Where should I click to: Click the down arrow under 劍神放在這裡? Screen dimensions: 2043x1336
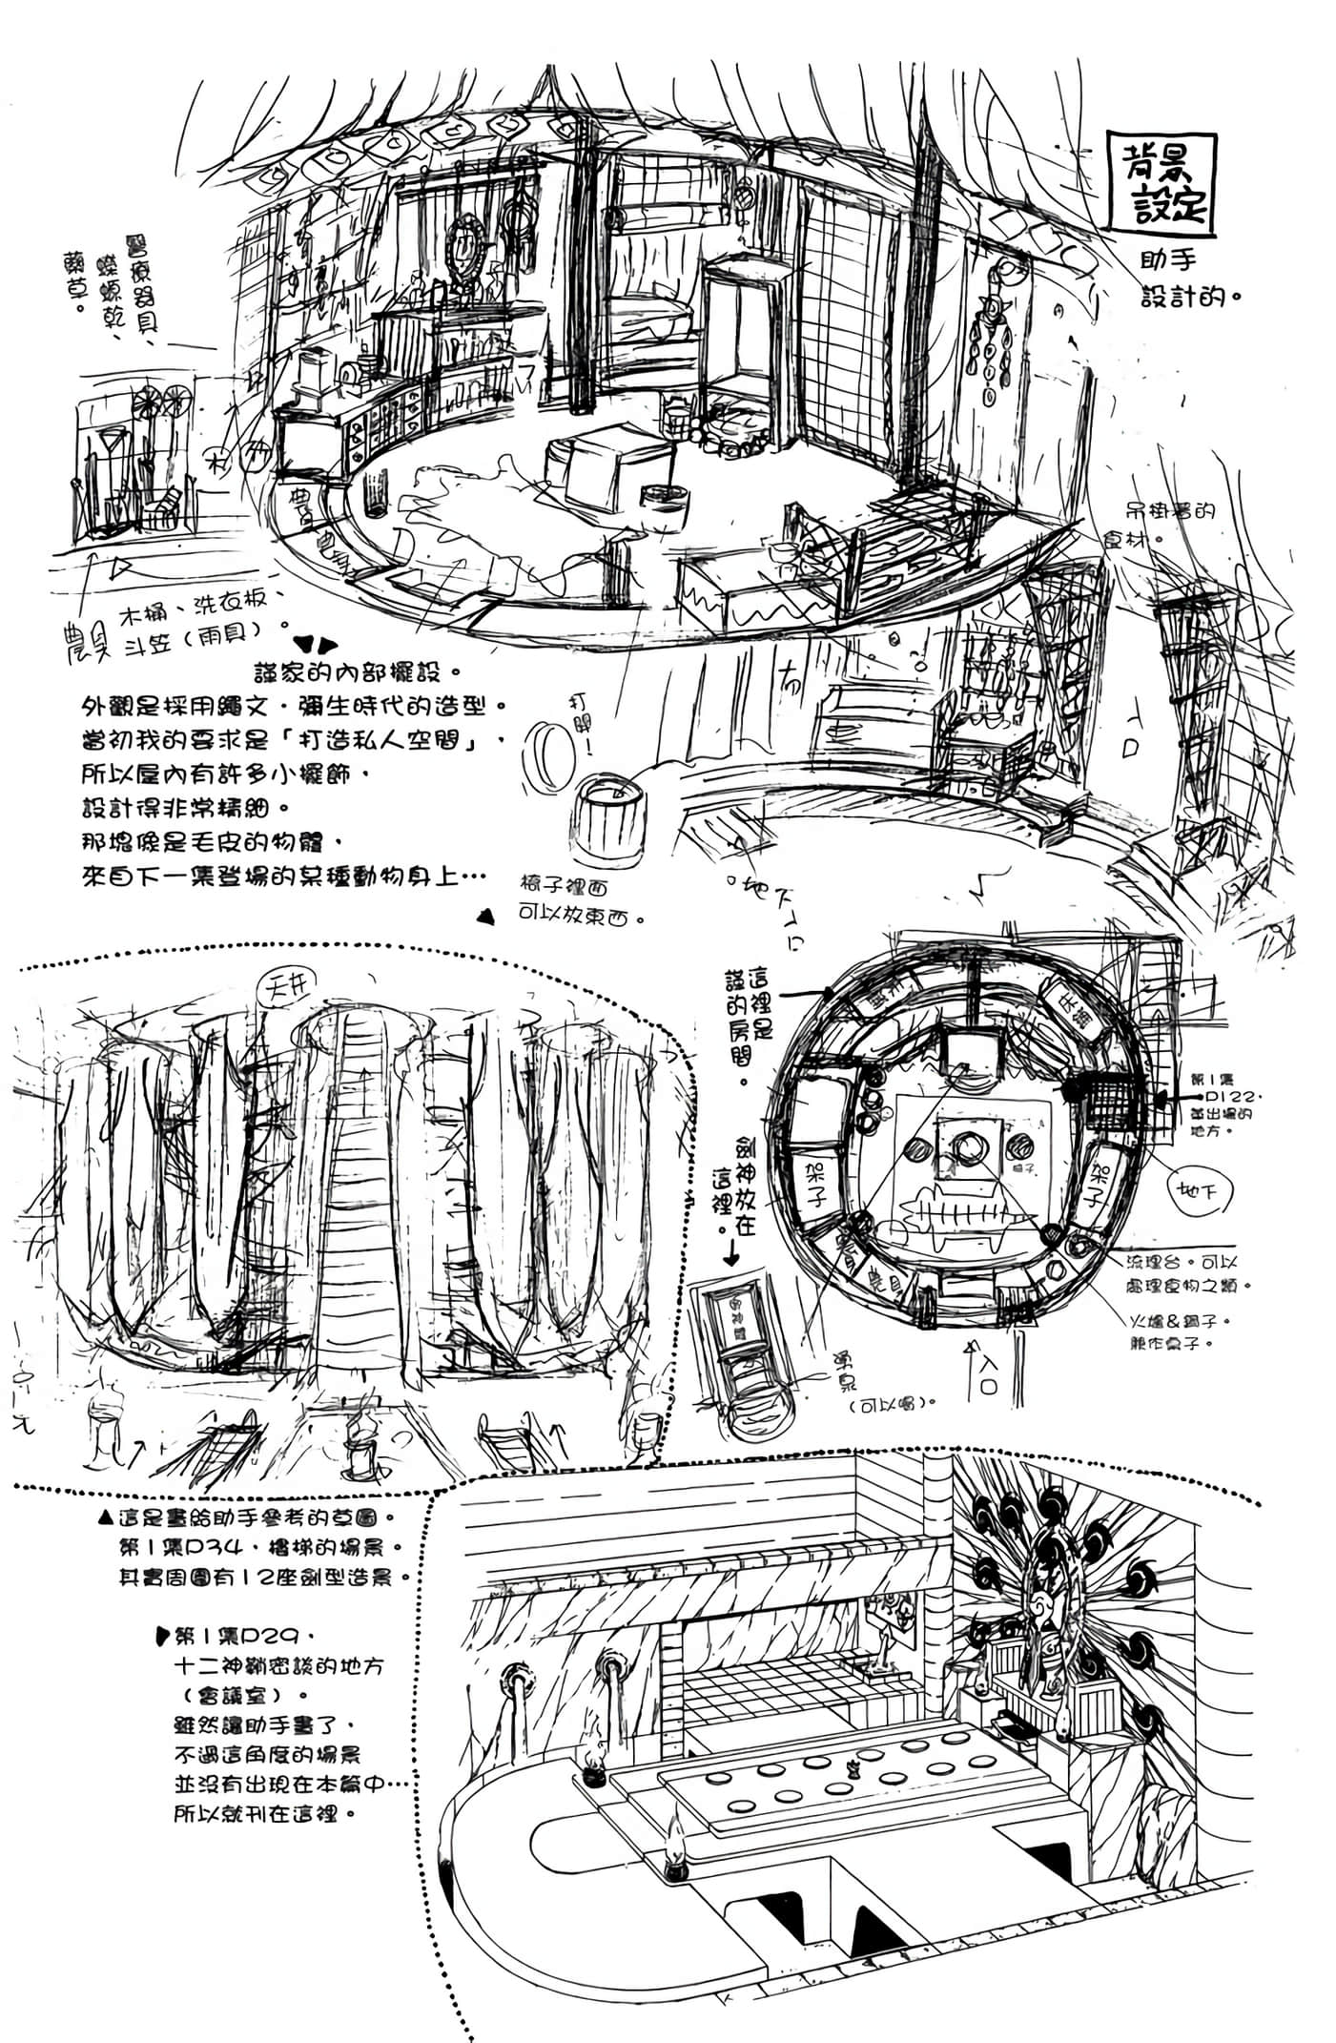coord(731,1253)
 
